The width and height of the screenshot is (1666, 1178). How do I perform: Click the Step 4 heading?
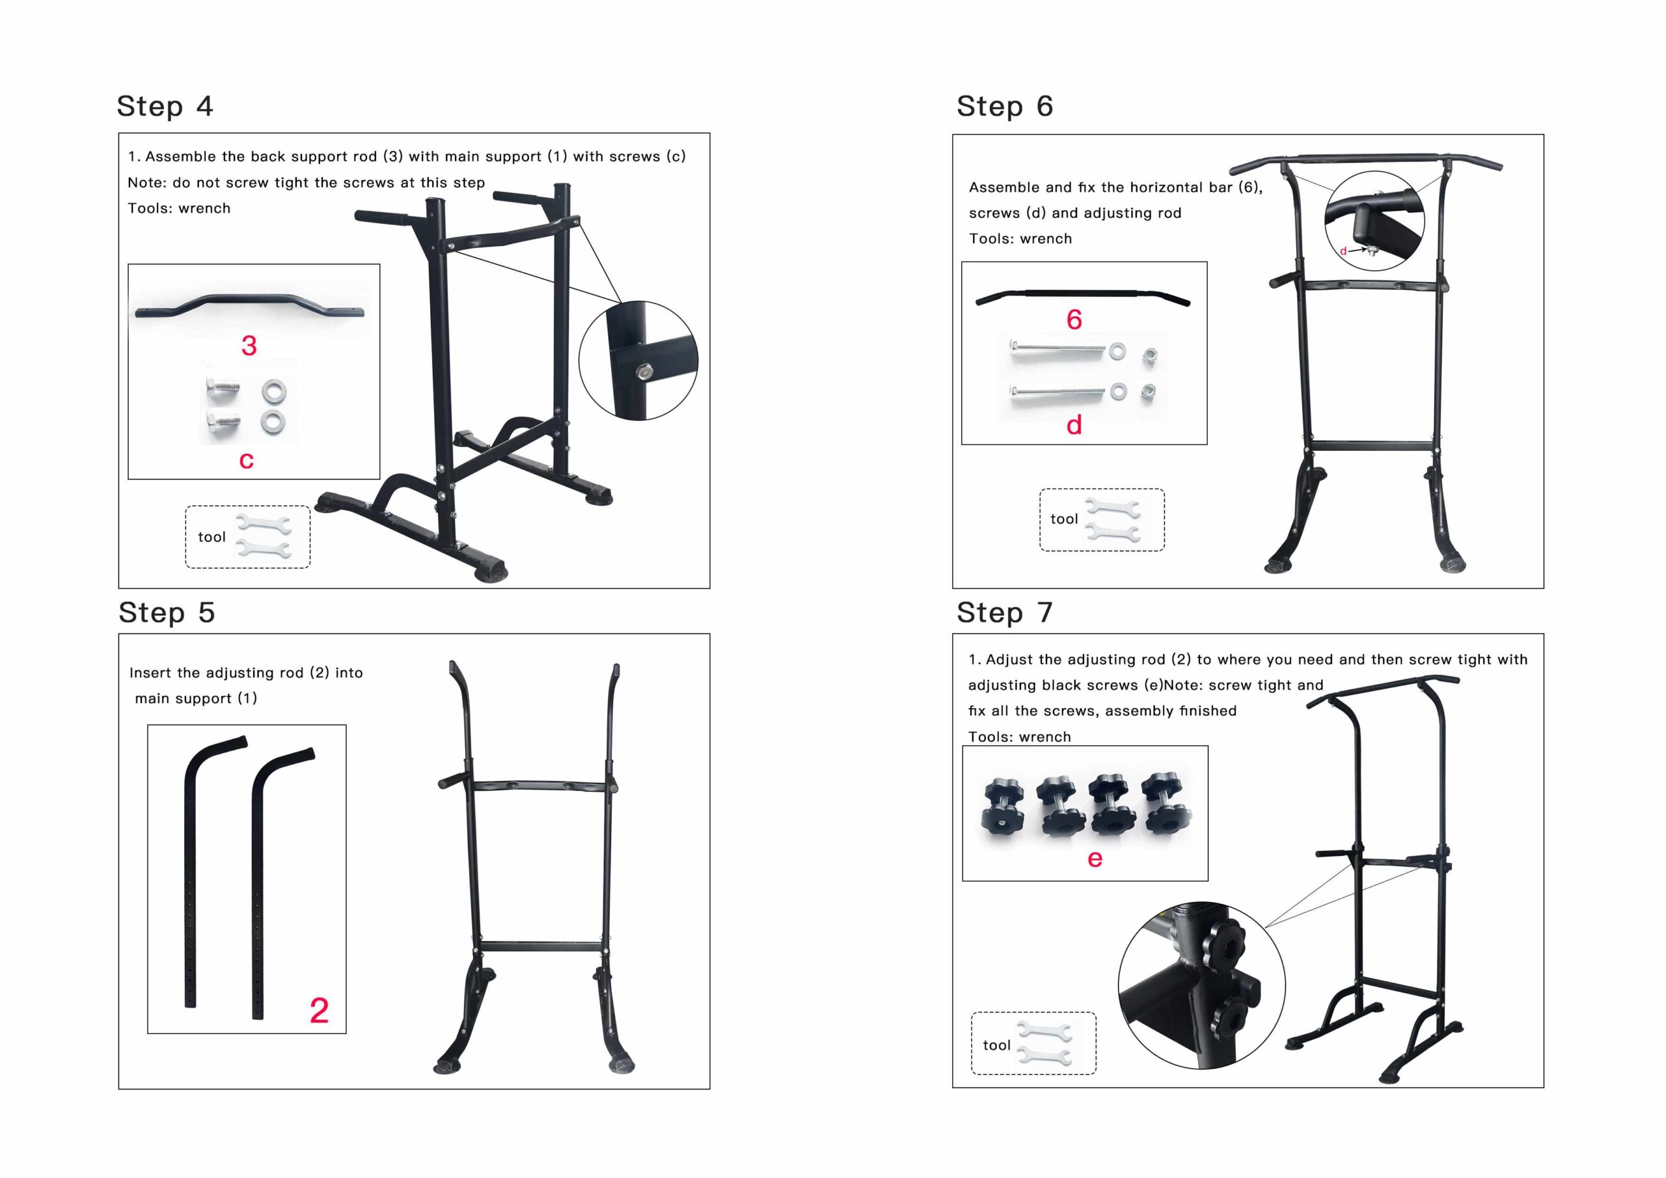click(165, 107)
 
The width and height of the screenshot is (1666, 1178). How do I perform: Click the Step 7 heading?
click(1004, 612)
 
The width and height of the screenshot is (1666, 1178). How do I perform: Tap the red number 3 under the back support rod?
click(249, 346)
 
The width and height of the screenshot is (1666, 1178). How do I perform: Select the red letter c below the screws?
click(247, 459)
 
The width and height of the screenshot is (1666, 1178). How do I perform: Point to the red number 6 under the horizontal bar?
click(1074, 320)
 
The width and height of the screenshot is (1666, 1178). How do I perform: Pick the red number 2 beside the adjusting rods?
click(320, 1010)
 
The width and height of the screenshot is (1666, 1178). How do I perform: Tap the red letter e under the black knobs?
click(1095, 858)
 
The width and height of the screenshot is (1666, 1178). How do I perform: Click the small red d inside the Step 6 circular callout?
click(1343, 251)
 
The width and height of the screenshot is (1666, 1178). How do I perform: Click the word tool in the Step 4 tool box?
click(212, 537)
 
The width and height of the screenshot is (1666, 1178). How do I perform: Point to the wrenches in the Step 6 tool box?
click(1112, 521)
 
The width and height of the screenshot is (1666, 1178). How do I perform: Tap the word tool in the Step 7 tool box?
click(996, 1045)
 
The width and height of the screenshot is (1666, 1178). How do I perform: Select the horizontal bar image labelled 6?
click(1083, 296)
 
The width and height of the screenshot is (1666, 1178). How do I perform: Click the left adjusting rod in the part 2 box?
click(191, 871)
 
